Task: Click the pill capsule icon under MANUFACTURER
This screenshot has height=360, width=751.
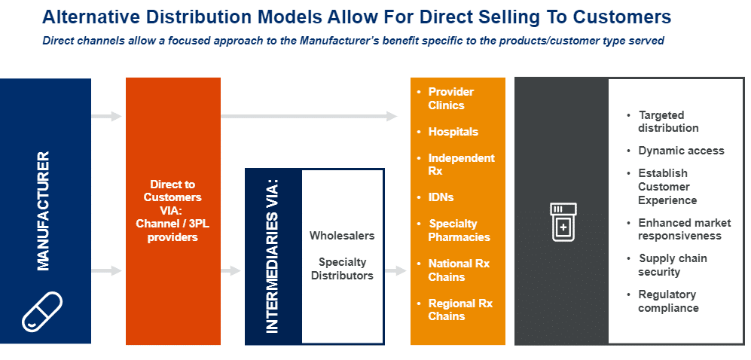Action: coord(42,311)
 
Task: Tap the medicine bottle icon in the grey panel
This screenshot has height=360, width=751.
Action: coord(563,222)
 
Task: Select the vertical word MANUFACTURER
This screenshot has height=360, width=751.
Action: coord(43,211)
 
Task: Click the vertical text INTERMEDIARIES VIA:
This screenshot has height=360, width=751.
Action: coord(272,256)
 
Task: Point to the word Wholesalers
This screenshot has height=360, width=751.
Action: coord(342,236)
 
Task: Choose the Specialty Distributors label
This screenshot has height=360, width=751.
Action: coord(342,269)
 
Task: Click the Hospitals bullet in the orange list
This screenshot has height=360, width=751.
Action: coord(453,132)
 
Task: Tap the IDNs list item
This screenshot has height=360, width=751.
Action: coord(441,197)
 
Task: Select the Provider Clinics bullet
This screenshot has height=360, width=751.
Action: coord(450,98)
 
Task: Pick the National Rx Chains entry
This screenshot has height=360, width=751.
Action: coord(459,270)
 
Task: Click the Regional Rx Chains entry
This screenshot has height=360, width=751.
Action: coord(459,310)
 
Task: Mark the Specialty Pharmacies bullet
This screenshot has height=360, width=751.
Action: coord(459,230)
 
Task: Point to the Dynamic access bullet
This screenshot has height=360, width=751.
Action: coord(681,151)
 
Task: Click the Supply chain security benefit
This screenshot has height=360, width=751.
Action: coord(672,265)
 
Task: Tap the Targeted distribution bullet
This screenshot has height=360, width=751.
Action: coord(667,121)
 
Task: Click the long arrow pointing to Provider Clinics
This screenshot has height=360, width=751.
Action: coord(309,116)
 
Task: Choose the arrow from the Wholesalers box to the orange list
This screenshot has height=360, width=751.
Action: coord(395,271)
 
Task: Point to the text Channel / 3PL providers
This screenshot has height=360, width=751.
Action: coord(172,230)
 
